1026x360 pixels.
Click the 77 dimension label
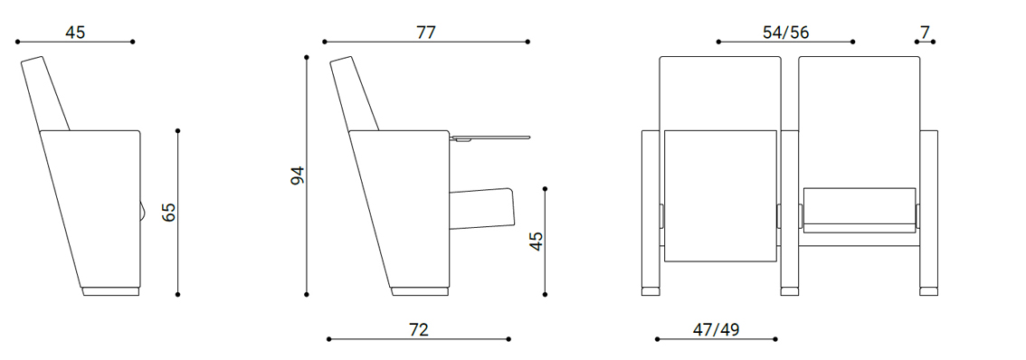[425, 32]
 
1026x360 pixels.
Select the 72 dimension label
[418, 329]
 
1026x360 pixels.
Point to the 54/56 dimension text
[785, 32]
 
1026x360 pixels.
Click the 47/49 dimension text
[716, 329]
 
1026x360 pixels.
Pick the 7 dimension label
[925, 32]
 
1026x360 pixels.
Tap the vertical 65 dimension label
[169, 212]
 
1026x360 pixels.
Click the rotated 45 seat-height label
[537, 241]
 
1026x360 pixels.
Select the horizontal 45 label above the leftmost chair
[75, 32]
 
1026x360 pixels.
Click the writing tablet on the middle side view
[489, 138]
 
